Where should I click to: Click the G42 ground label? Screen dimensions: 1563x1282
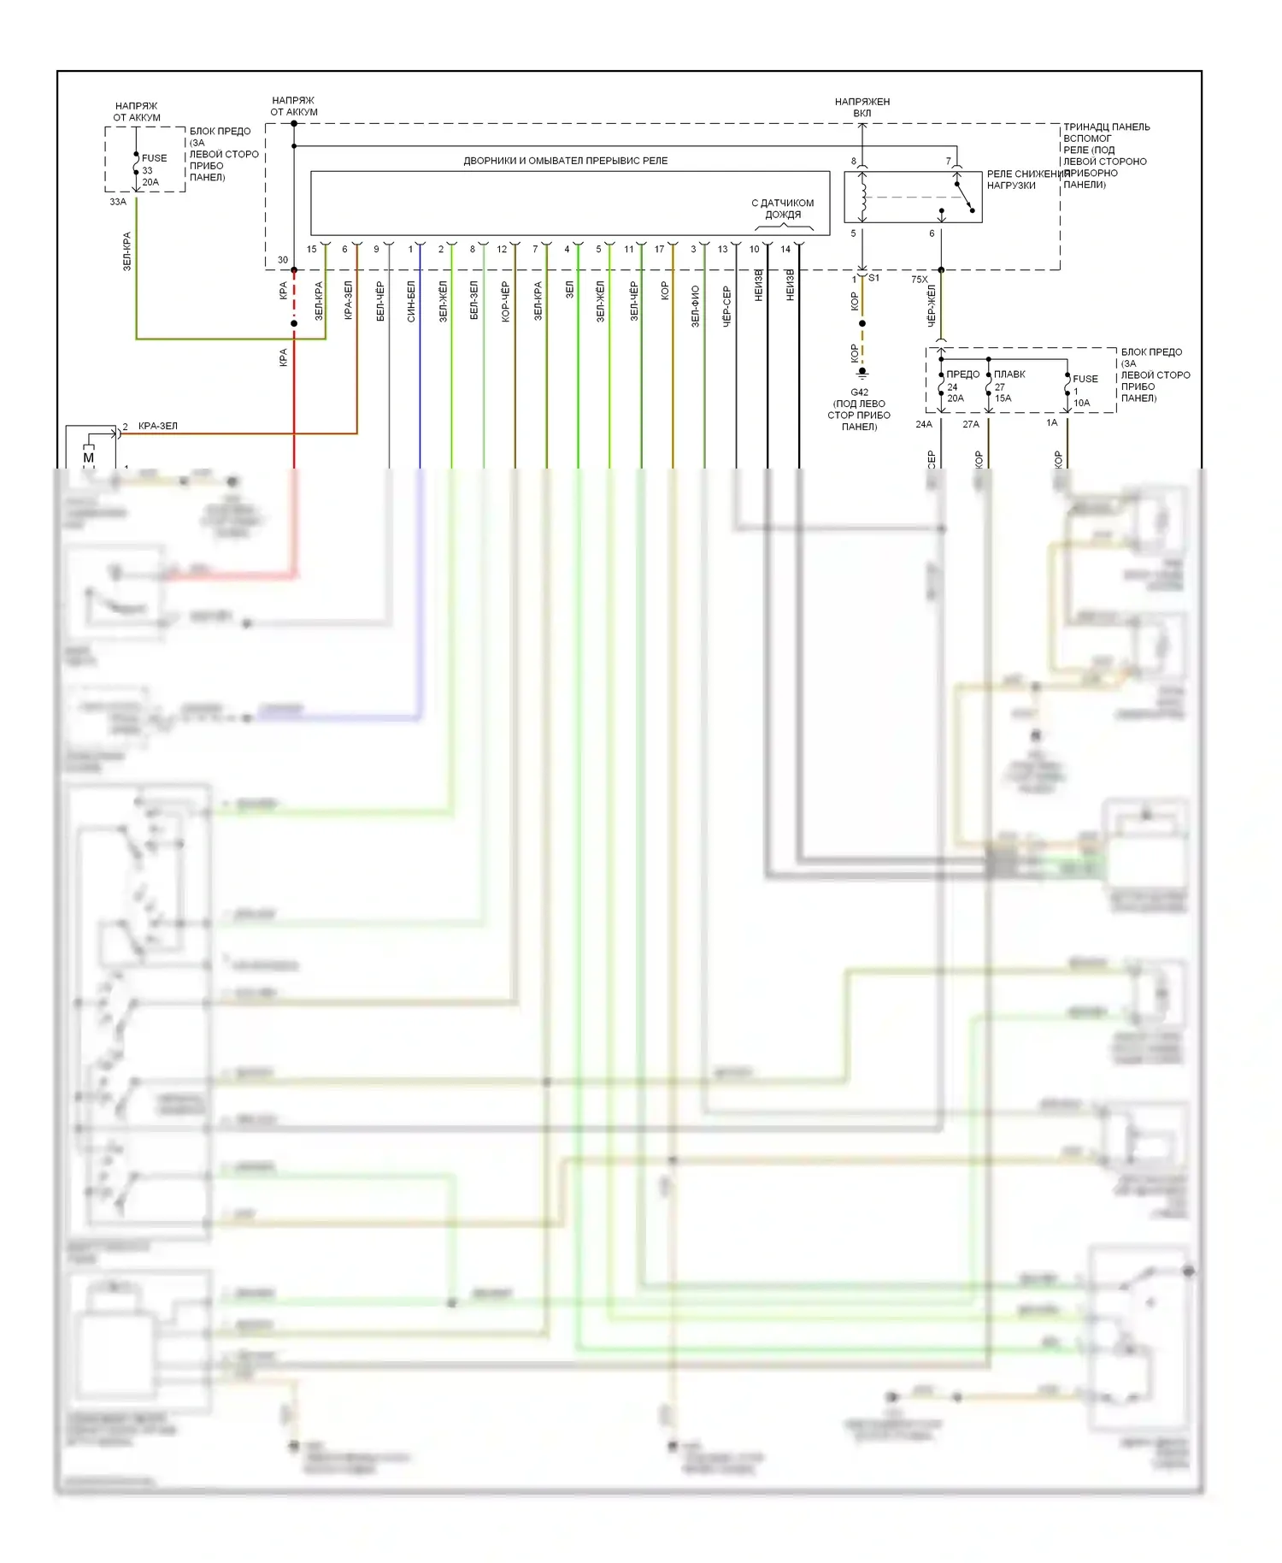pos(859,392)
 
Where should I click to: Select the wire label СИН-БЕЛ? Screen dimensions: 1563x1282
pos(411,301)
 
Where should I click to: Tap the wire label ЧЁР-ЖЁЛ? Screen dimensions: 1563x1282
pos(932,306)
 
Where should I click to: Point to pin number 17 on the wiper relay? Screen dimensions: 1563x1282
pos(659,250)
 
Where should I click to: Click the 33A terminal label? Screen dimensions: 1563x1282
pos(118,202)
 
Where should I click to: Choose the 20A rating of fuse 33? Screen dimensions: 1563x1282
pos(150,182)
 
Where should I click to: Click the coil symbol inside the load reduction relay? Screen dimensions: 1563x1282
pos(863,198)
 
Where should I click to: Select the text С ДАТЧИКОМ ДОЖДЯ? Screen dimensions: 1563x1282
pos(782,209)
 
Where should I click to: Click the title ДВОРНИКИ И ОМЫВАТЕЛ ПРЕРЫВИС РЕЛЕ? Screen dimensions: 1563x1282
pos(565,161)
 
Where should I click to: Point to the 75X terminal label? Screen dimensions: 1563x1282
pos(919,280)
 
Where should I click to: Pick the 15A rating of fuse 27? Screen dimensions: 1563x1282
pos(1003,398)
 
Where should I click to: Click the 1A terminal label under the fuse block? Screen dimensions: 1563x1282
pos(1051,422)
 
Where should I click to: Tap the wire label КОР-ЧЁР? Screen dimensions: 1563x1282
pos(505,301)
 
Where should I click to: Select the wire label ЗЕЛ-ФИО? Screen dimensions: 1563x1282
pos(695,306)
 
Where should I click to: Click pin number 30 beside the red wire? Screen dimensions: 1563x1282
pos(283,260)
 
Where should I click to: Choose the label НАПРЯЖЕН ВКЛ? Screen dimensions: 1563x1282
pos(862,107)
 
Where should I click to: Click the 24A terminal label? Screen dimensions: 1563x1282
pos(924,424)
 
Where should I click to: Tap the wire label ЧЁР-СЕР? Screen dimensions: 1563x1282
pos(726,306)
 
